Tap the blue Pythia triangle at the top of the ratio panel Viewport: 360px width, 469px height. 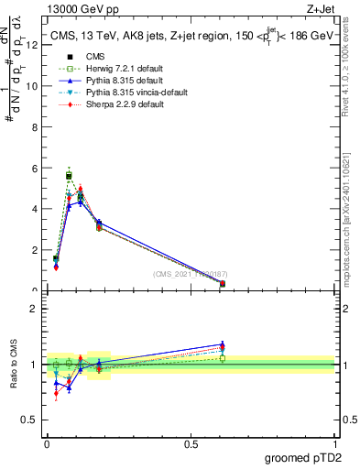click(x=223, y=344)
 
